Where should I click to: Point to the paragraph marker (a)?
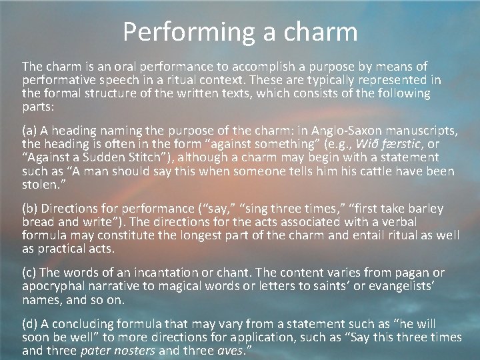[30, 130]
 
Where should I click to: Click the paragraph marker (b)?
[30, 209]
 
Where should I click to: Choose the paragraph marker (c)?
[30, 273]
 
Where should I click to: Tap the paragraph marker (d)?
[30, 324]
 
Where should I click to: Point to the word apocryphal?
[53, 287]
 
